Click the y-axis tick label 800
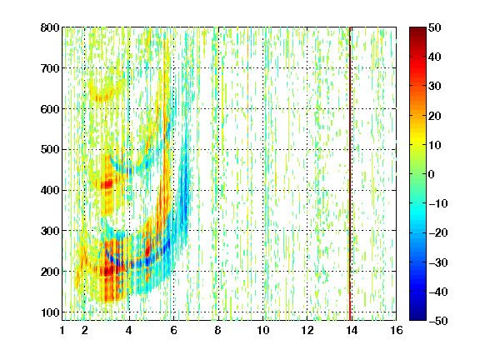(x=50, y=27)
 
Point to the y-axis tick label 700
(x=50, y=68)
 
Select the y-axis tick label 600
(x=50, y=109)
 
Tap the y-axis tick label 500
(x=50, y=150)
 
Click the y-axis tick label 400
(x=50, y=190)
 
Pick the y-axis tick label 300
(x=50, y=231)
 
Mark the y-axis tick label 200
(x=50, y=272)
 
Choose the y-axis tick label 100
(x=50, y=312)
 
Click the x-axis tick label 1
(x=62, y=330)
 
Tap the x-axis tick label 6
(x=173, y=330)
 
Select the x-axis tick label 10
(x=263, y=330)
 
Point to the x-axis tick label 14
(x=352, y=330)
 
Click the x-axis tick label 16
(x=397, y=330)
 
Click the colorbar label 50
(x=435, y=27)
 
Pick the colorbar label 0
(x=432, y=174)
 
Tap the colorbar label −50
(x=438, y=321)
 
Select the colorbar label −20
(x=438, y=232)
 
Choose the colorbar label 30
(x=435, y=87)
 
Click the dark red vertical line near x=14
(x=350, y=173)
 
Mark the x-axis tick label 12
(x=307, y=330)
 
